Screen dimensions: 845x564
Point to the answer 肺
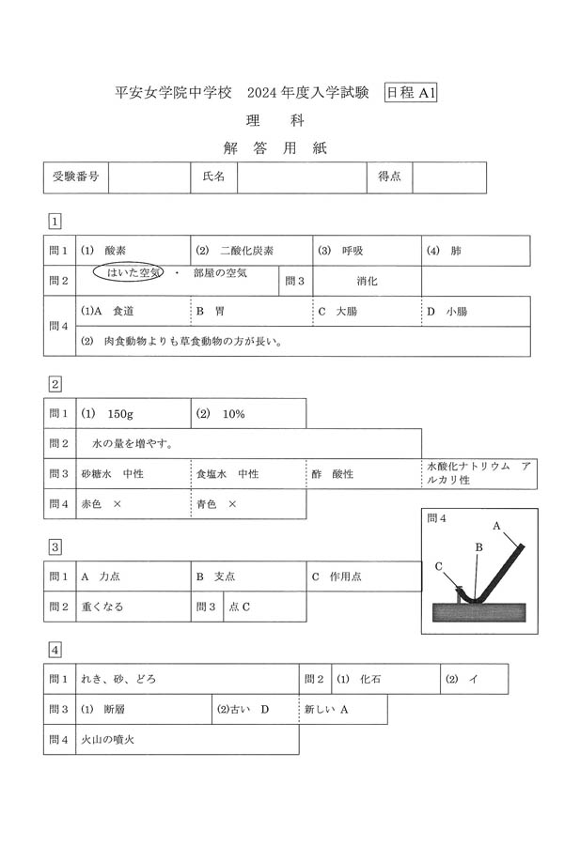(x=456, y=251)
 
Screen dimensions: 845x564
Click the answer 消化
(x=367, y=281)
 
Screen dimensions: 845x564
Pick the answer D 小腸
(x=447, y=311)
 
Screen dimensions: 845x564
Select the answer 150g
(x=121, y=413)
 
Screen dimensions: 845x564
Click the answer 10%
(x=233, y=413)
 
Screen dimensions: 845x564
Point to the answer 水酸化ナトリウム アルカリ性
(x=478, y=472)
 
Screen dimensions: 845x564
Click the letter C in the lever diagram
(x=439, y=566)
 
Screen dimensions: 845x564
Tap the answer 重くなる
(x=102, y=607)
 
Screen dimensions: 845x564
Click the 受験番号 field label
(x=76, y=177)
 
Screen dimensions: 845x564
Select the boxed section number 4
(x=55, y=649)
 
